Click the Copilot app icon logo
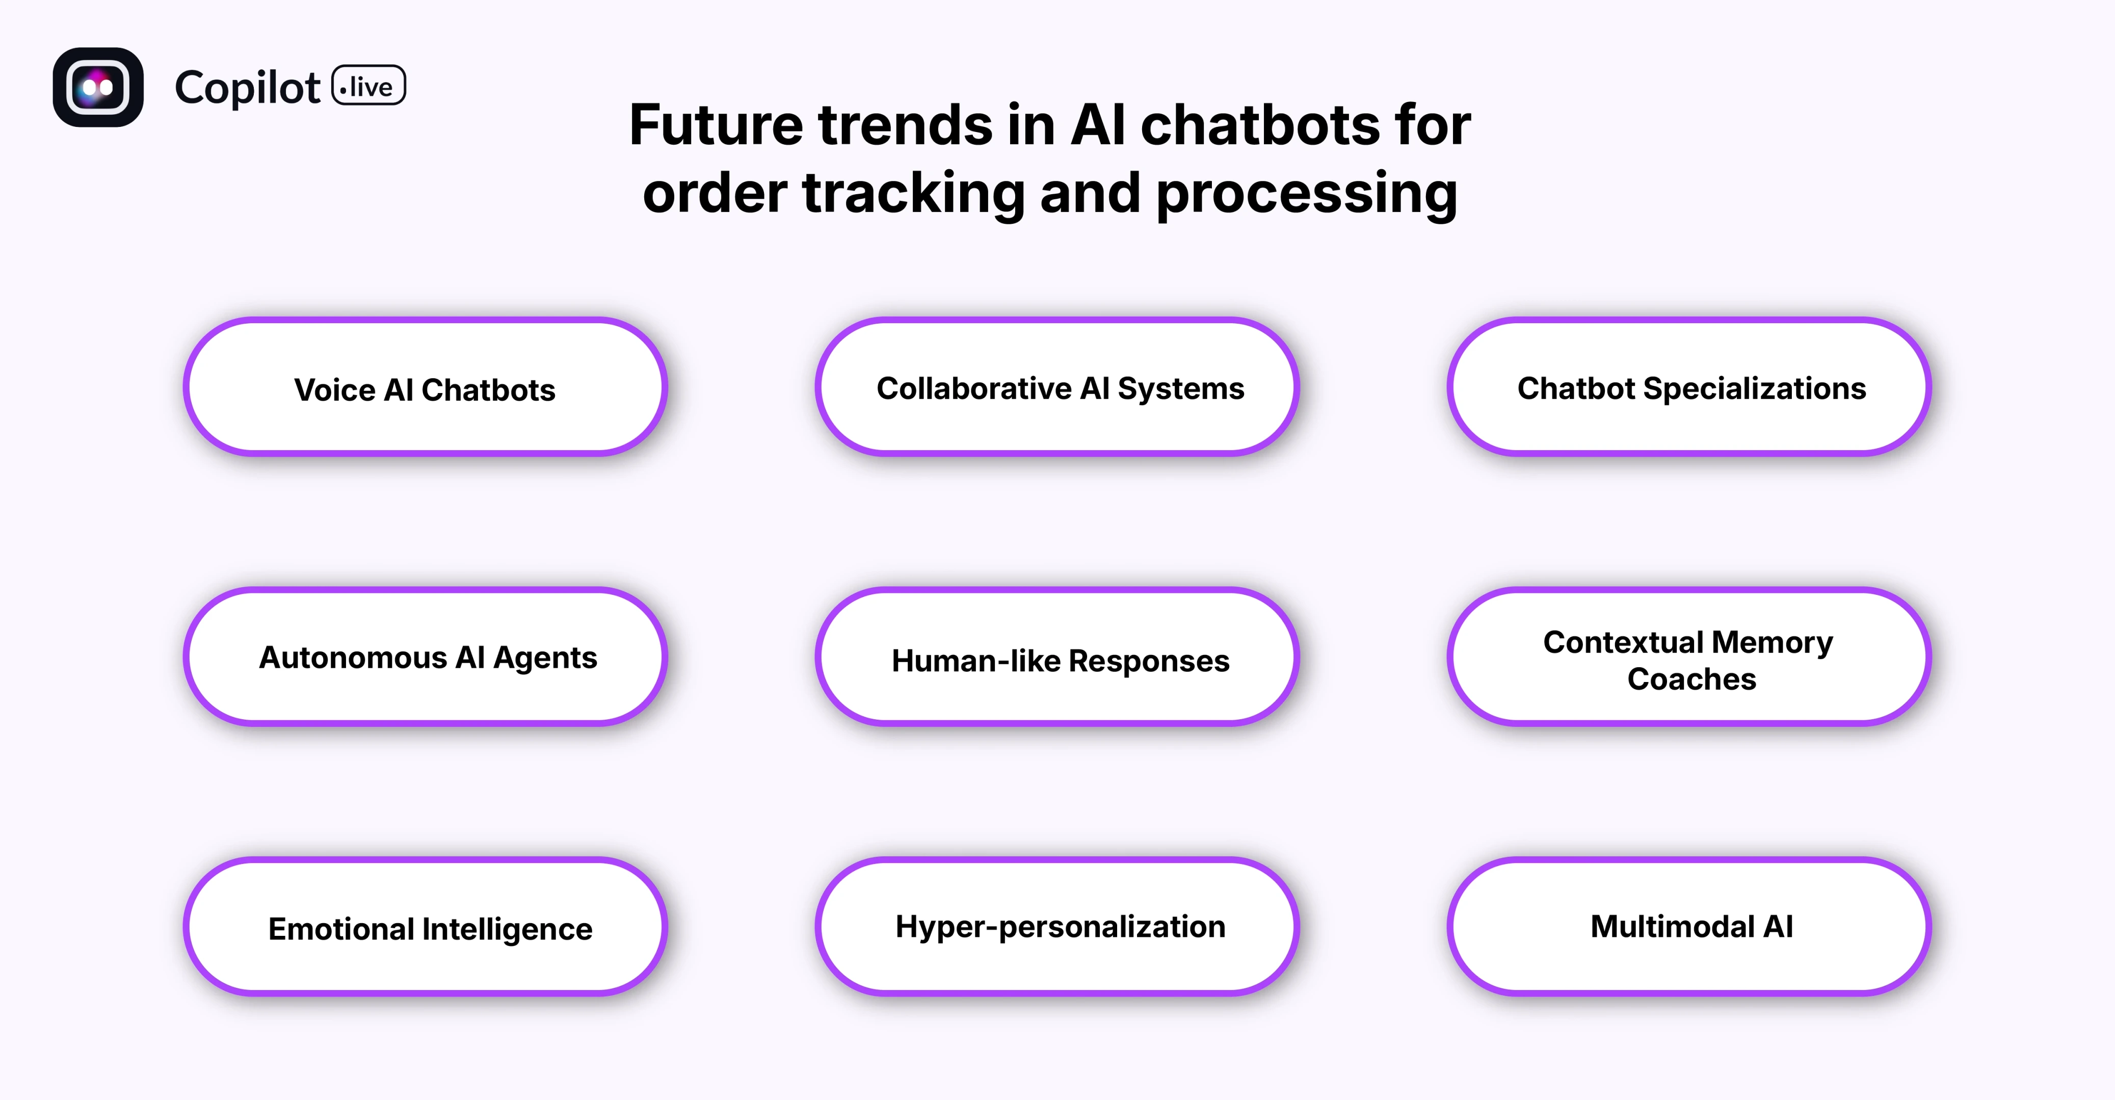(98, 87)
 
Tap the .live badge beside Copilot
(368, 85)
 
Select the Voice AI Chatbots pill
(425, 387)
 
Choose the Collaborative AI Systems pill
(1056, 387)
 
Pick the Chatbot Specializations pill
(1689, 387)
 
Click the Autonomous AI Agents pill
(425, 657)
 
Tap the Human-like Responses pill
(1056, 657)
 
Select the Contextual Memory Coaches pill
(1689, 657)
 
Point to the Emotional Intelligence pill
(425, 927)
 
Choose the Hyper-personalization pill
(1056, 927)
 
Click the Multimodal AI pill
(1689, 927)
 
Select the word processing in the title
(1306, 195)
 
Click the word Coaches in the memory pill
(1691, 679)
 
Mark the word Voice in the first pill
(334, 390)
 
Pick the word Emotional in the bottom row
(341, 929)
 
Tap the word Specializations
(1754, 389)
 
